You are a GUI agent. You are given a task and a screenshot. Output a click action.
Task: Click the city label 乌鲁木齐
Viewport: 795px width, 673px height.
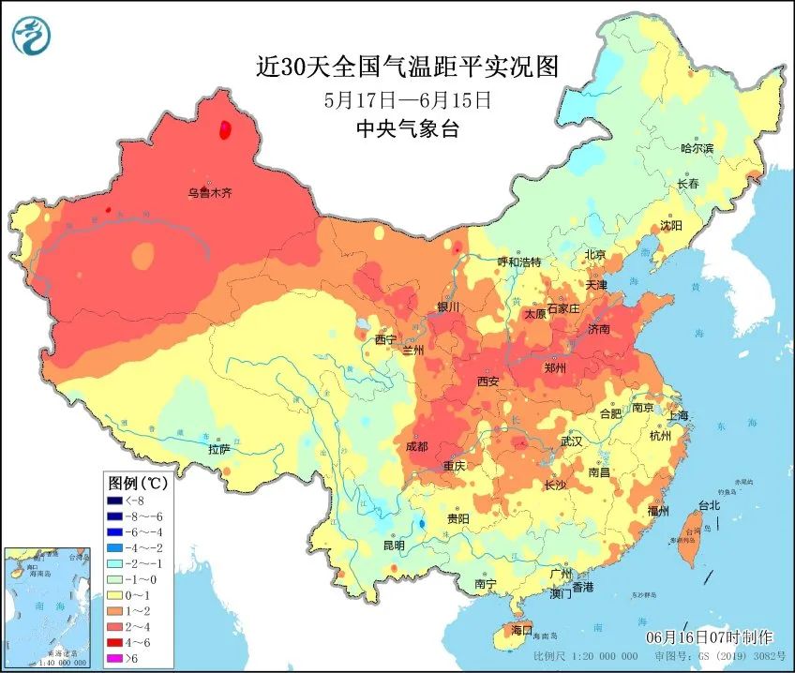[209, 193]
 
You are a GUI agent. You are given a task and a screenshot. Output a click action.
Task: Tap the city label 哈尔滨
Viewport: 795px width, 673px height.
[697, 148]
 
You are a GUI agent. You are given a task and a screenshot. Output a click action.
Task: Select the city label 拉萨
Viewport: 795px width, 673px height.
[218, 449]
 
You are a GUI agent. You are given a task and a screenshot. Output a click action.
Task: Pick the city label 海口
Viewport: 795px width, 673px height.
[520, 629]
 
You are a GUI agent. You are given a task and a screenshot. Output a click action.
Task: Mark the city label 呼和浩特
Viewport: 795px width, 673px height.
[519, 262]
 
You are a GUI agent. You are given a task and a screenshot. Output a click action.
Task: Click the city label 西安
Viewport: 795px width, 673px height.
[488, 381]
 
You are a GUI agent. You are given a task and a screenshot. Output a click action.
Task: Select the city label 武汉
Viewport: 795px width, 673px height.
[570, 441]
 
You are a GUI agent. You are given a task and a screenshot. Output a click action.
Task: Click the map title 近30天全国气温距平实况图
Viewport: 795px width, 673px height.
[407, 67]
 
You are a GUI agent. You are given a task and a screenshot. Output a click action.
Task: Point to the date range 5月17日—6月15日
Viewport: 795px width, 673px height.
[407, 99]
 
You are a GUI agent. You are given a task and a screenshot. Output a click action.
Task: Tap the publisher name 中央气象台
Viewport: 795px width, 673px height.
[407, 129]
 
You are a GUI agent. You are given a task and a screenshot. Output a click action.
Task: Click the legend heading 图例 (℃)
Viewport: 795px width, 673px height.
[138, 484]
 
